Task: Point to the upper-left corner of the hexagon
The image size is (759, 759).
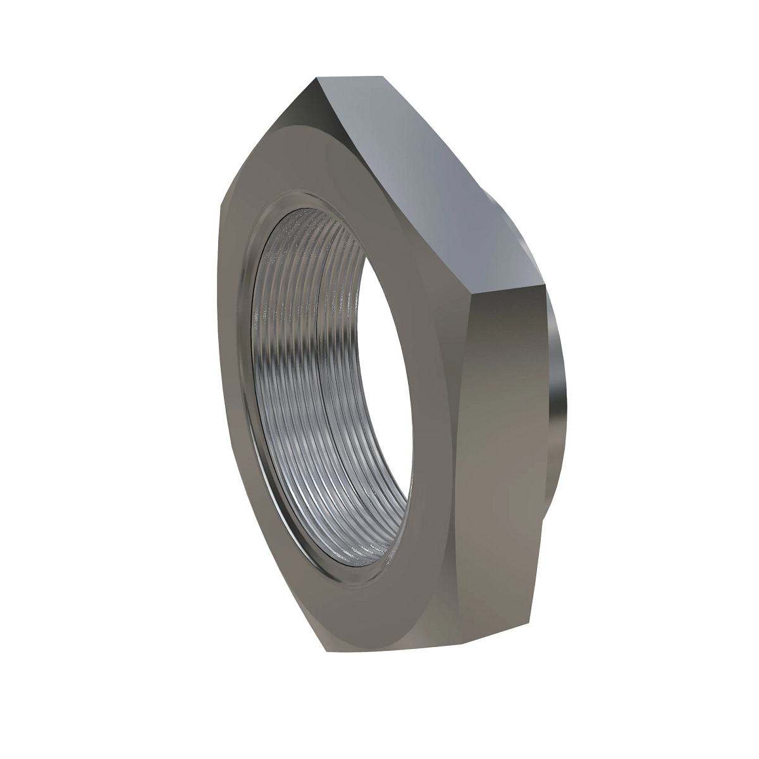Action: pos(223,204)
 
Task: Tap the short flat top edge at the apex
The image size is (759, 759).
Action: pos(351,77)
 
